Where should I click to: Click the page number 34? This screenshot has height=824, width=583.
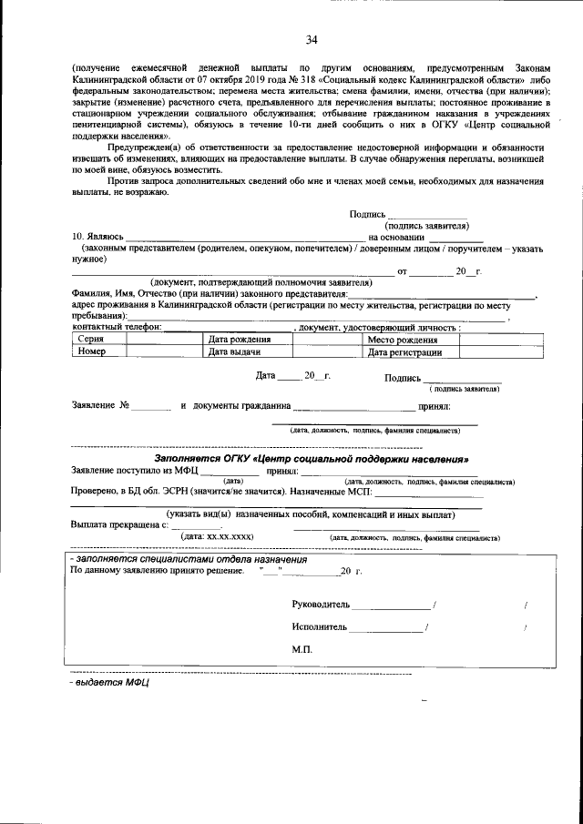312,40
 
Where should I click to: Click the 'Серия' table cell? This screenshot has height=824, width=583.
90,339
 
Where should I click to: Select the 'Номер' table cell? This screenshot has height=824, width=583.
93,351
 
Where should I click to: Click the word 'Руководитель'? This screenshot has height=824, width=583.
321,605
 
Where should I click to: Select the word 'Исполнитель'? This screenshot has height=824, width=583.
320,627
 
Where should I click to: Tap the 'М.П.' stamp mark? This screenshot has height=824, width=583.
302,650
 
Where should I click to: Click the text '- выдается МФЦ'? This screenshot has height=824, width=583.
109,681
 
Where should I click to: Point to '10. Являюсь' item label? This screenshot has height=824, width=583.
97,237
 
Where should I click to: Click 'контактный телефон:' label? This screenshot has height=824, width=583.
116,327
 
